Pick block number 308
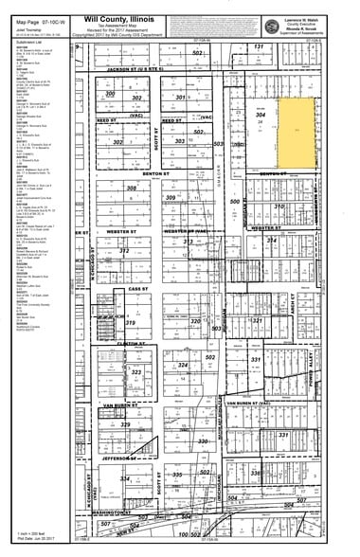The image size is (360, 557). [x=132, y=188]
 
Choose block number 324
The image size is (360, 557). [x=183, y=364]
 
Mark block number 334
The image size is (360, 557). [x=125, y=478]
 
